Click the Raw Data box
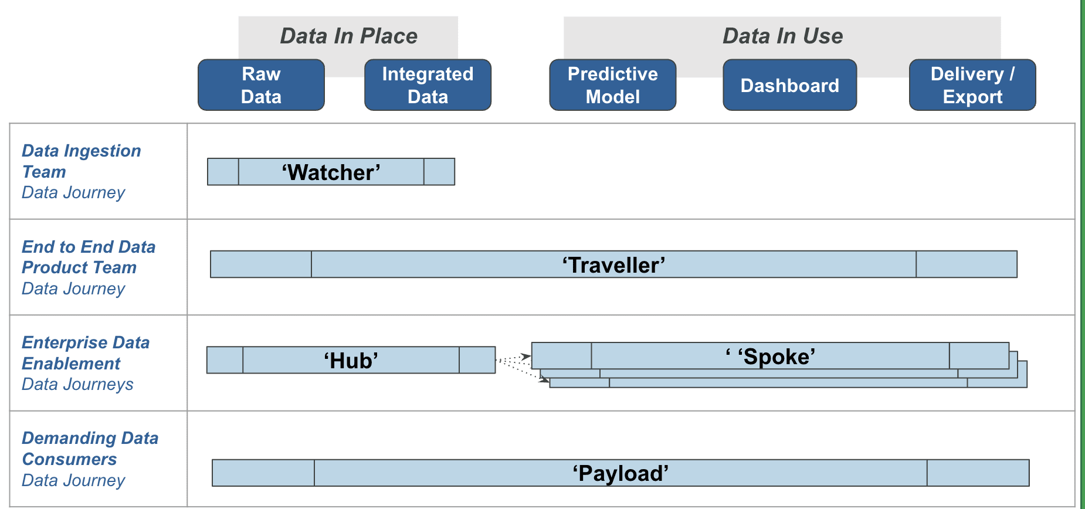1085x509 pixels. pos(261,85)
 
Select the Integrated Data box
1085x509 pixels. pos(428,85)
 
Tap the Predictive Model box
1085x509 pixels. pos(612,85)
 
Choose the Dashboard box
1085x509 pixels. pos(789,86)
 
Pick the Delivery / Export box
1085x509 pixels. pos(972,85)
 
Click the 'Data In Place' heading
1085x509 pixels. pos(348,36)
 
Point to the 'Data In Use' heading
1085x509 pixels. pos(782,36)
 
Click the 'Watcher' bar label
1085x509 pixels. pos(331,172)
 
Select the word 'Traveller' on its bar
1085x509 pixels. pos(613,265)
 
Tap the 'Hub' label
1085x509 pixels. pos(351,361)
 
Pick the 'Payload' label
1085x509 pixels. pos(621,473)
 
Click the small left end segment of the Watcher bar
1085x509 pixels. pos(223,172)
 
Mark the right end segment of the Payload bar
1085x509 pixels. pos(978,473)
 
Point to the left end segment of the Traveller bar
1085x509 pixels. pos(260,264)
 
